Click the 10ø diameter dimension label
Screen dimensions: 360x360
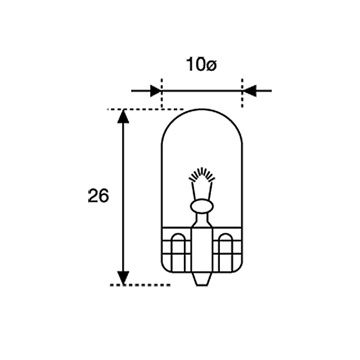(x=201, y=65)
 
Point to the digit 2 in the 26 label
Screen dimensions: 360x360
(x=93, y=196)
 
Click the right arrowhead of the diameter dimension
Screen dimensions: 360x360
(x=249, y=90)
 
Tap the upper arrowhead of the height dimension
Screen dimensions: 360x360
(x=123, y=116)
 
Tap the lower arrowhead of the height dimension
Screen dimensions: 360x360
(x=123, y=278)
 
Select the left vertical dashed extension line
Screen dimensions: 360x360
(x=161, y=93)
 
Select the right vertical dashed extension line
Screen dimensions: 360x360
(x=242, y=93)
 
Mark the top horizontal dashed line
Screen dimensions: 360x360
(x=145, y=109)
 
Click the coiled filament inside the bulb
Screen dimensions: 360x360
(x=202, y=177)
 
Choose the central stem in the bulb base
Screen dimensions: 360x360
(x=202, y=247)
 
